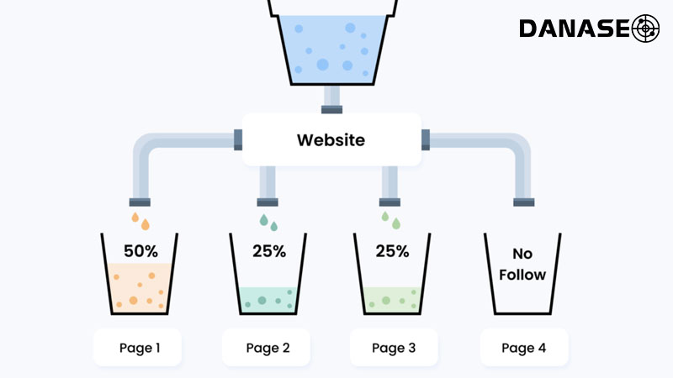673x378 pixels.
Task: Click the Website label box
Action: coord(331,139)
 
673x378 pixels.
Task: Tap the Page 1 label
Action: coord(137,347)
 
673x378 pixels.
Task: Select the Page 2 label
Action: coord(267,347)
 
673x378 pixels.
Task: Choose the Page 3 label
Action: coord(395,347)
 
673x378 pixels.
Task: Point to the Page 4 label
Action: coord(524,347)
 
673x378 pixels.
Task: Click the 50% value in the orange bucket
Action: coord(140,249)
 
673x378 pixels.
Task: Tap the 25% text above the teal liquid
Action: coord(269,249)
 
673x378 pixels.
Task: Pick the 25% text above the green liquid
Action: coord(392,249)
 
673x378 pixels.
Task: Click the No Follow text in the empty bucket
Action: coord(523,263)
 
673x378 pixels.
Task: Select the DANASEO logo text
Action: coord(574,29)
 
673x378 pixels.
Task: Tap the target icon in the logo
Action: coord(645,28)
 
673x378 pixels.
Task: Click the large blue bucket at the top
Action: coord(331,46)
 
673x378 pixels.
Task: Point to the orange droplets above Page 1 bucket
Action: coord(140,220)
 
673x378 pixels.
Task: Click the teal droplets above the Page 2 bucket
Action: coord(268,221)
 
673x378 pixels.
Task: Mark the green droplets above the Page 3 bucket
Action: coord(390,220)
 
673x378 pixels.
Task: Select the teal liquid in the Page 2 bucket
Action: coord(268,299)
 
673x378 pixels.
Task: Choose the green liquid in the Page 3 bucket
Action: coord(393,299)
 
